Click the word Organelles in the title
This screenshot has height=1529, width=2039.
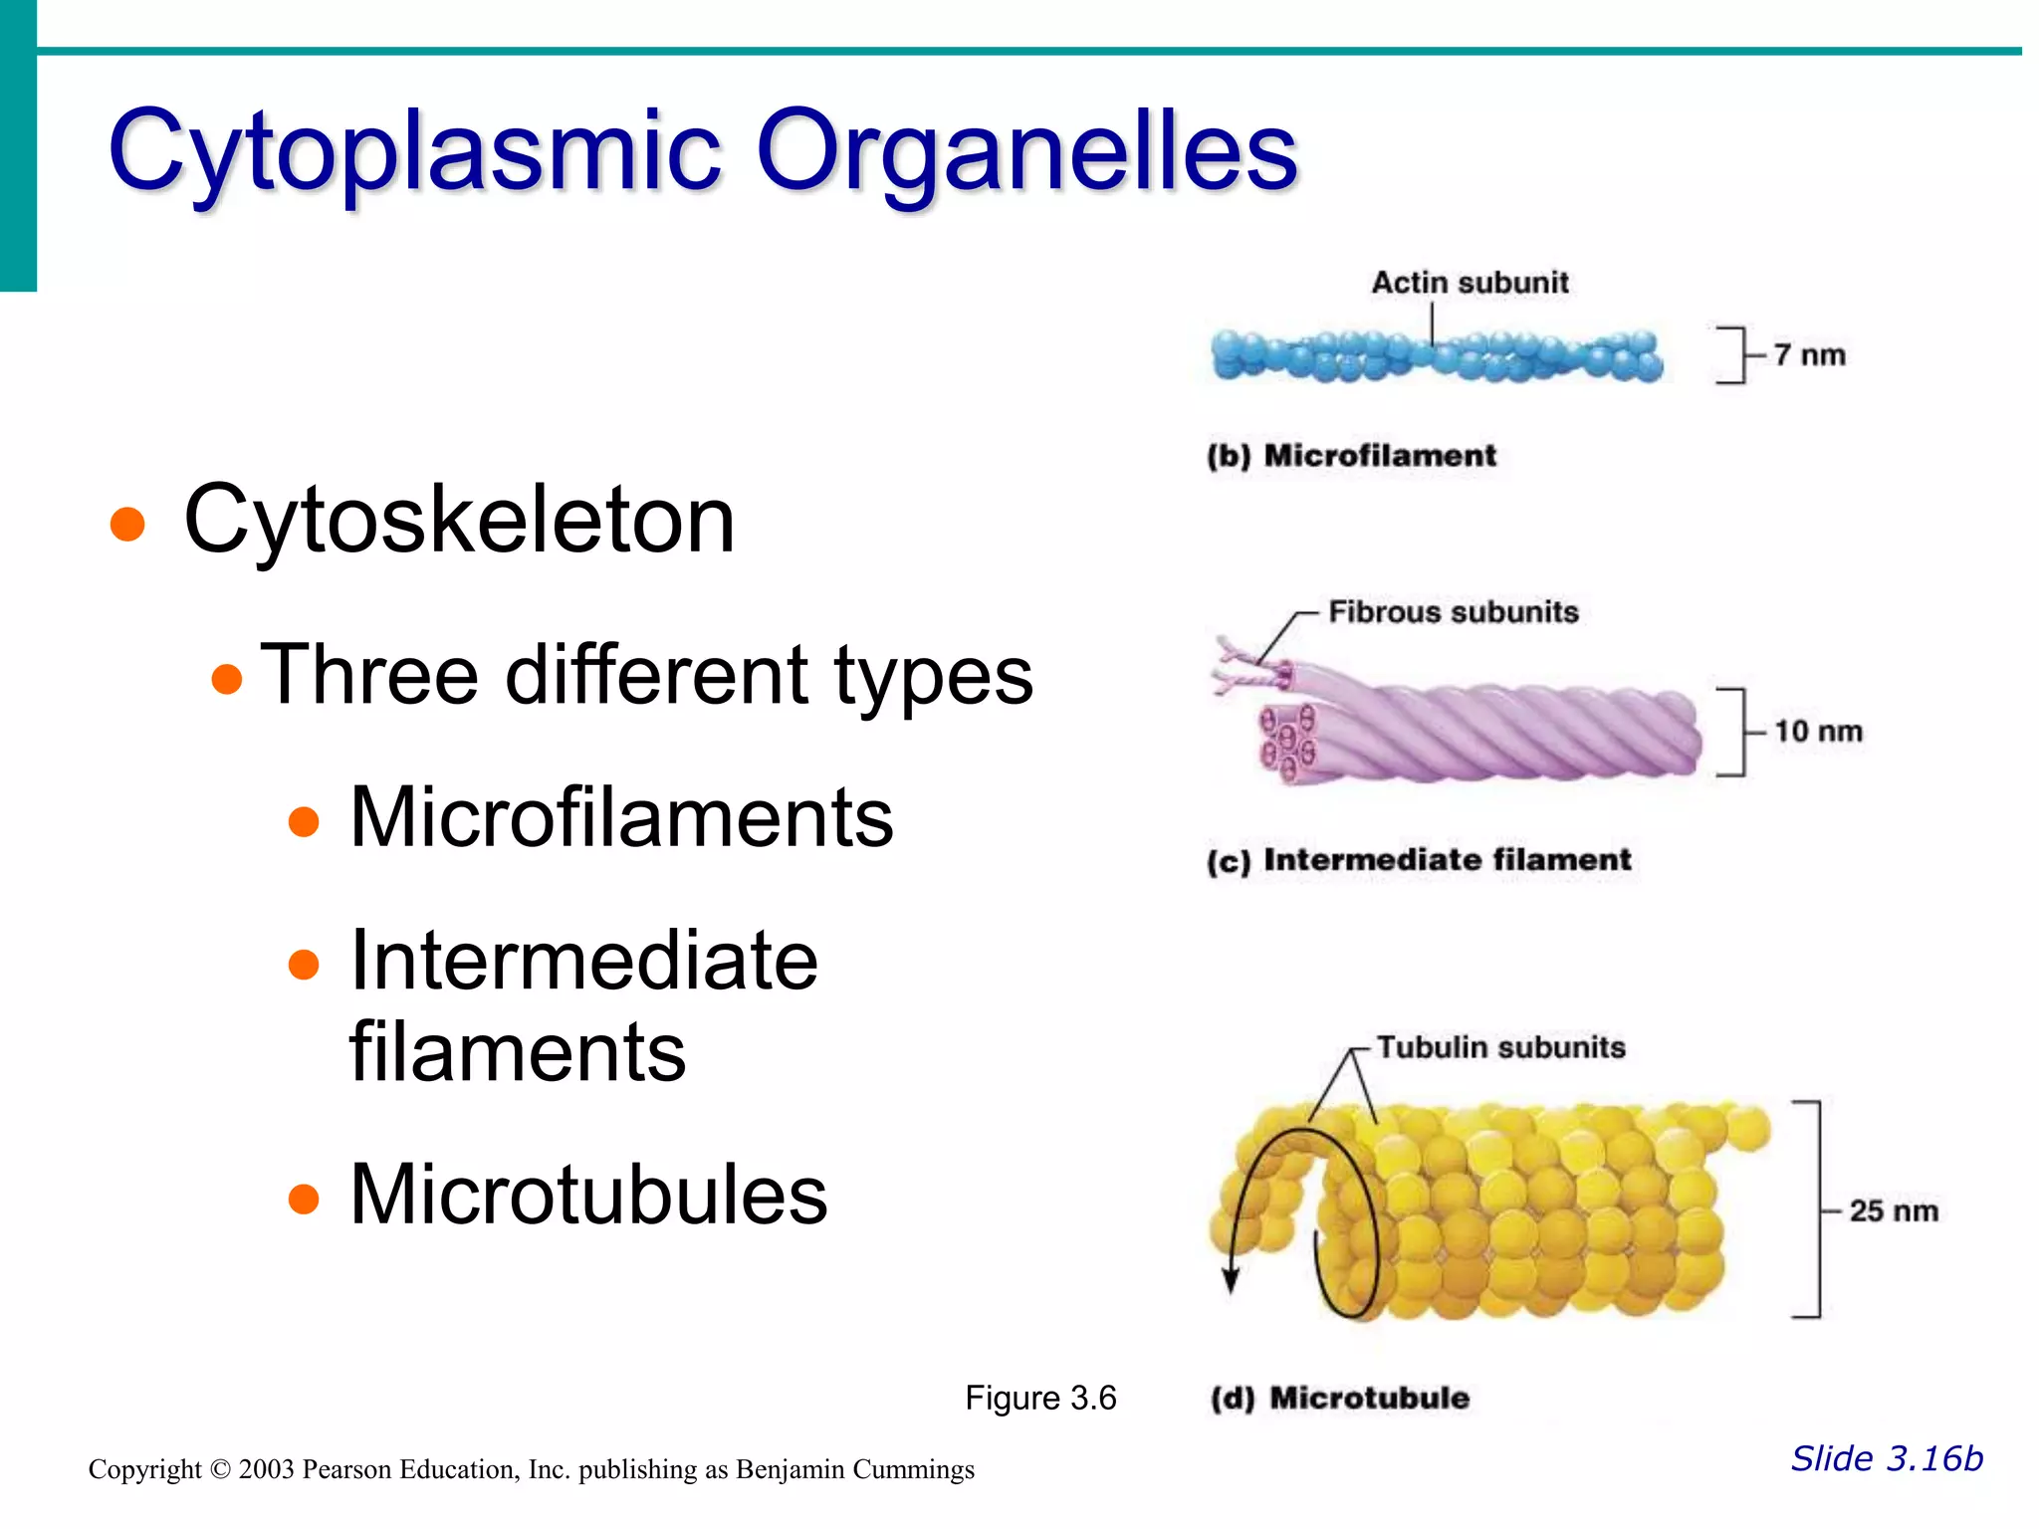[x=1027, y=151]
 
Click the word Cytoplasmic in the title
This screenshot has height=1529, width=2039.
[x=414, y=151]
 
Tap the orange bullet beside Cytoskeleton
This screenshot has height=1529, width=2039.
[x=127, y=523]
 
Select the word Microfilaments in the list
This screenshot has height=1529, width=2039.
[x=621, y=817]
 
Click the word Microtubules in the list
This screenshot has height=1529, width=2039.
[x=588, y=1194]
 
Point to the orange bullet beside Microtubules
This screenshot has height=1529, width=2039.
[x=303, y=1199]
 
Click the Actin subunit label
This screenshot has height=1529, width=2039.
[x=1470, y=283]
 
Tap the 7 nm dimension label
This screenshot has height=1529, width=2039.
[x=1809, y=354]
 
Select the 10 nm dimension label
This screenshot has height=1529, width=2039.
[x=1818, y=731]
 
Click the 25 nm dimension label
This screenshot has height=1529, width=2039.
[x=1894, y=1210]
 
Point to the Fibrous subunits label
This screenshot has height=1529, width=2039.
[x=1454, y=611]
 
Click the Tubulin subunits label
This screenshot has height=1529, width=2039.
[x=1500, y=1047]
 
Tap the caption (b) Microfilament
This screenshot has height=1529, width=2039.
[x=1351, y=456]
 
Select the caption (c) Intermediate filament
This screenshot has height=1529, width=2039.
[x=1419, y=860]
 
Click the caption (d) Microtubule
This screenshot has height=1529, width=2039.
[x=1340, y=1398]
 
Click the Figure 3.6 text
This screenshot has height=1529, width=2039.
[x=1040, y=1398]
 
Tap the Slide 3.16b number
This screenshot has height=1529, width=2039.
[x=1887, y=1458]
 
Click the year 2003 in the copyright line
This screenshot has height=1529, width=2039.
[x=266, y=1469]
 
